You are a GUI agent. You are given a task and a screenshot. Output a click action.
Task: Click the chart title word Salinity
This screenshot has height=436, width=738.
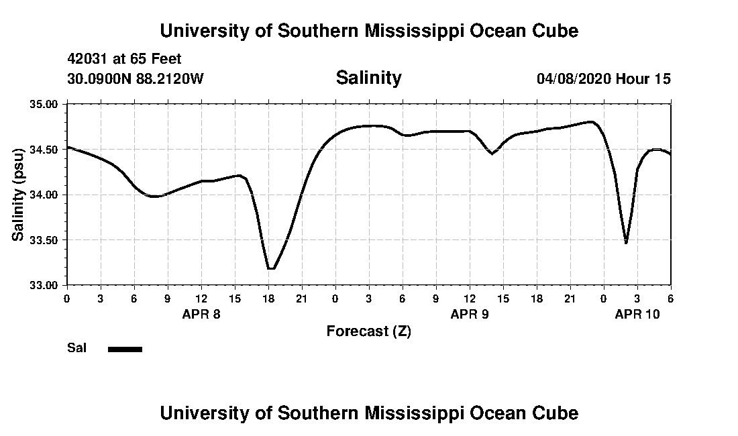[x=368, y=78]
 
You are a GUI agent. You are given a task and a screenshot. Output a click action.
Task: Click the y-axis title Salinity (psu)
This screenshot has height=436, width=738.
[x=19, y=195]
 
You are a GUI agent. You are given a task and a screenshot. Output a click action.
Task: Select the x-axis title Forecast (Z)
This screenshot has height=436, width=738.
[x=368, y=331]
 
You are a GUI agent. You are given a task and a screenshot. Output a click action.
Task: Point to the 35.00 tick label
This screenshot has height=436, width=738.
[x=44, y=105]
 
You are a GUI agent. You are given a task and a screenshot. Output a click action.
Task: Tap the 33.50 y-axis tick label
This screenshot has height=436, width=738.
[x=44, y=240]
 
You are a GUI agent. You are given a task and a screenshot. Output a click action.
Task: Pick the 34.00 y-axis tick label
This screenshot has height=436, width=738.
[x=44, y=195]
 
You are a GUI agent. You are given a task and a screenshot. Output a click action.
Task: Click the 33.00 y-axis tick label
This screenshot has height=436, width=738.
[x=44, y=285]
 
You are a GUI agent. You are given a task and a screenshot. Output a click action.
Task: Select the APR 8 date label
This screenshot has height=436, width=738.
[x=201, y=314]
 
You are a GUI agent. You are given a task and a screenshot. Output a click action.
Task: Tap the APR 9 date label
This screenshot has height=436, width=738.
[x=469, y=314]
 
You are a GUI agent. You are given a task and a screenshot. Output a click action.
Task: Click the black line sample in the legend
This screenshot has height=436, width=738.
[x=125, y=349]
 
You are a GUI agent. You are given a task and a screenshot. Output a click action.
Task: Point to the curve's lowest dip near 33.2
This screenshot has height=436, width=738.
[x=270, y=268]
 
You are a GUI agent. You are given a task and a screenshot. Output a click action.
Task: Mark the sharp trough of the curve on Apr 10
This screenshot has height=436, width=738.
[x=626, y=242]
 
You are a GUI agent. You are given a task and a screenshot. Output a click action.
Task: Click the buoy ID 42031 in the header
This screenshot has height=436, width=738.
[x=87, y=60]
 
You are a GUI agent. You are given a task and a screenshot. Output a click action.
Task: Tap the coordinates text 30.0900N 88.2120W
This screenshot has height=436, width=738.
[x=135, y=78]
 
